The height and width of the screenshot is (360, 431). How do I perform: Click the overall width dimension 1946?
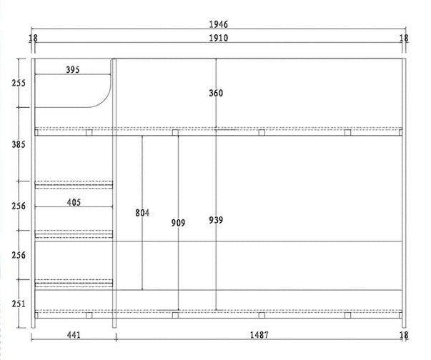[219, 24]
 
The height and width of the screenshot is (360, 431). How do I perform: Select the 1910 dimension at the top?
[219, 38]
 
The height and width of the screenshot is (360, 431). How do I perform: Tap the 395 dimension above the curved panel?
[73, 70]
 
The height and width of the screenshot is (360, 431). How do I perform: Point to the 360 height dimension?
[216, 93]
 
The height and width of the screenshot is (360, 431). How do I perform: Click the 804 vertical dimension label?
[142, 213]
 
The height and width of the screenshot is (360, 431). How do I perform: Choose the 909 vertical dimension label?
[178, 223]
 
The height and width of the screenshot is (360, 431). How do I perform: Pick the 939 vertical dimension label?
[216, 220]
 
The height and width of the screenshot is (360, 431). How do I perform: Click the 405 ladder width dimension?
[74, 203]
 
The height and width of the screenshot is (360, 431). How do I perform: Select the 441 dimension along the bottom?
[74, 335]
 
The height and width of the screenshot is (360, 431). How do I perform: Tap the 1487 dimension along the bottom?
[259, 335]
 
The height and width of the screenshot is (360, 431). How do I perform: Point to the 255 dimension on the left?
[19, 83]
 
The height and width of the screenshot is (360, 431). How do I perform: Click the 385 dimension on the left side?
[19, 144]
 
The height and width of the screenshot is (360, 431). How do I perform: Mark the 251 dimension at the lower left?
[19, 304]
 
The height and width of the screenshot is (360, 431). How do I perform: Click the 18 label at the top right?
[404, 38]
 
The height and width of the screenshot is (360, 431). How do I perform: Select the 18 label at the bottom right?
[404, 335]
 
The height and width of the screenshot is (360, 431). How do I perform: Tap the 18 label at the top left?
[34, 38]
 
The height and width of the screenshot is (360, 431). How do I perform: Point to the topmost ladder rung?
[74, 185]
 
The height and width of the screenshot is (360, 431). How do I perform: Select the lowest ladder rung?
[74, 284]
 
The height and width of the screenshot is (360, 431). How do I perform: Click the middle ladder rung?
[74, 234]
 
